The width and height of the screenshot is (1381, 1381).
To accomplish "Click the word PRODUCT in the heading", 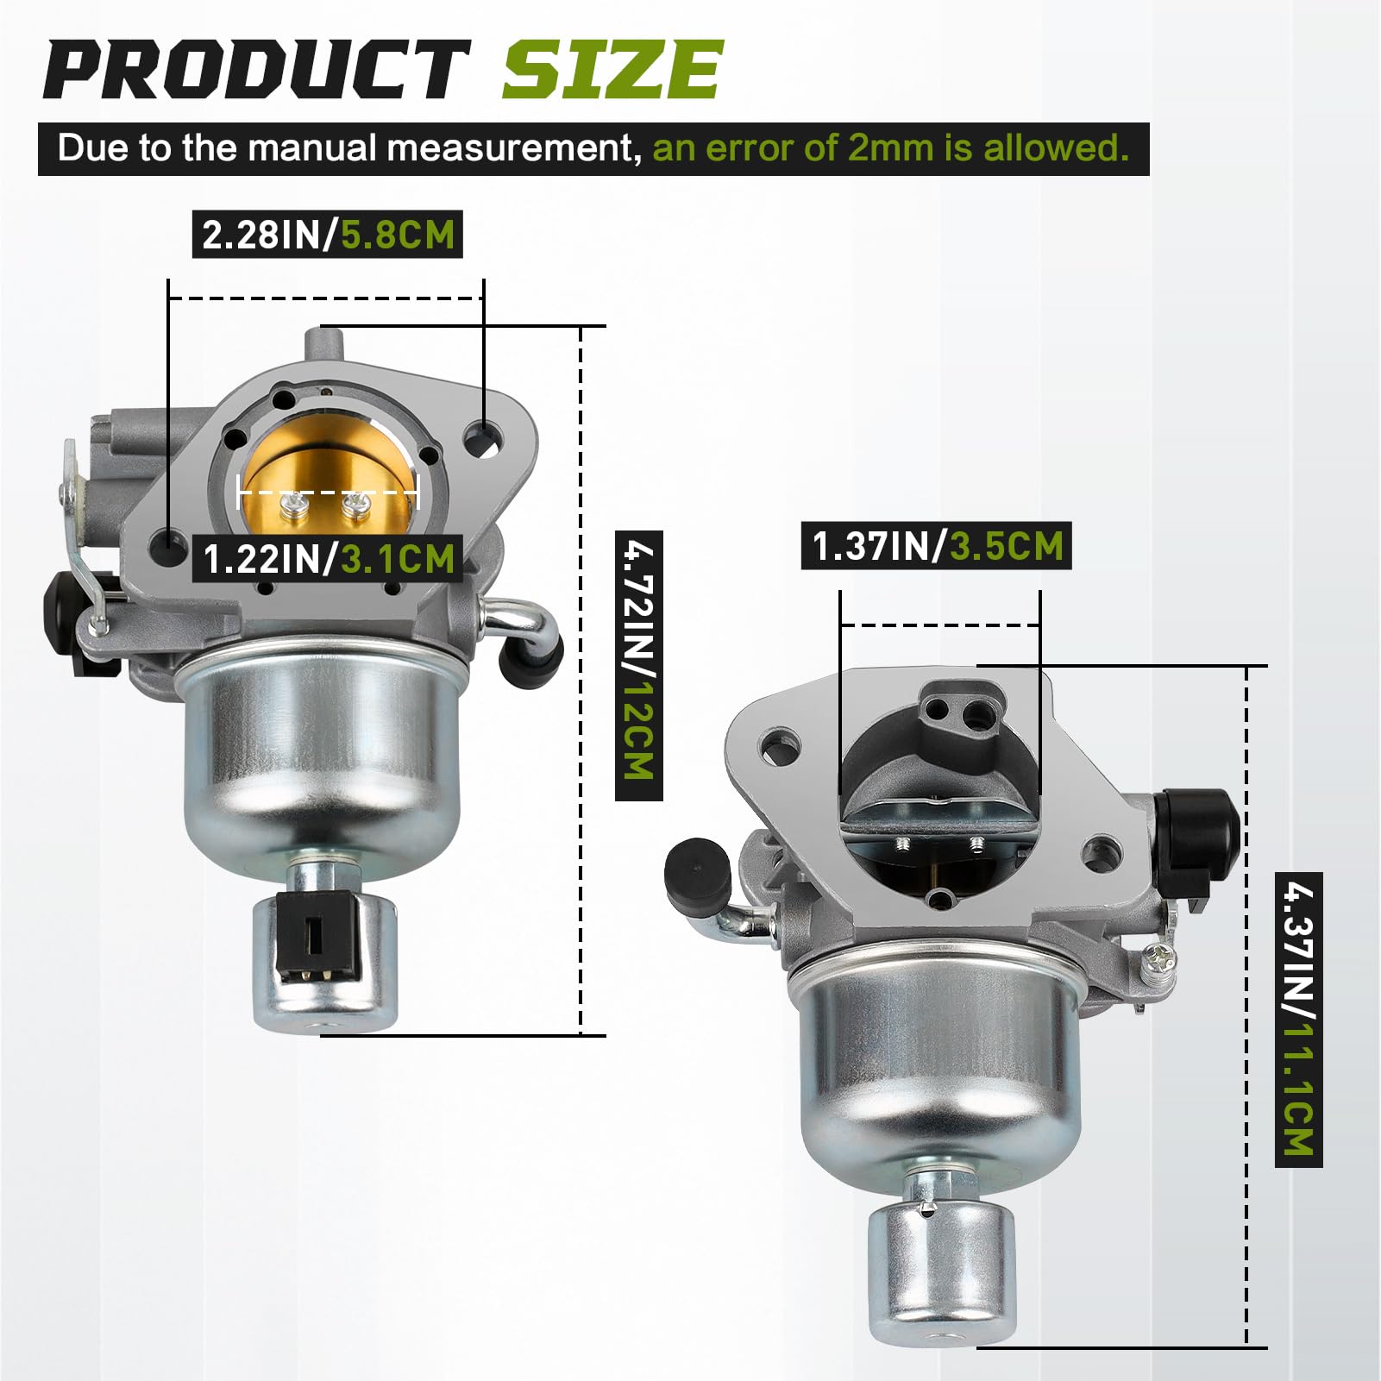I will click(x=255, y=71).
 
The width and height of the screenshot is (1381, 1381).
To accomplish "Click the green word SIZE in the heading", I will click(x=611, y=71).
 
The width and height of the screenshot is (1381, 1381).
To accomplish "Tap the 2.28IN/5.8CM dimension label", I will click(x=328, y=235).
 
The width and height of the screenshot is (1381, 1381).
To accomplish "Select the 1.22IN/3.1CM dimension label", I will click(x=328, y=559).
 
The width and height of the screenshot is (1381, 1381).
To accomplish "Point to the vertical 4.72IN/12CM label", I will click(x=639, y=665).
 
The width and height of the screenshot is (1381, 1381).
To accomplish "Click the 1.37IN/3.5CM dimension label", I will click(x=937, y=546).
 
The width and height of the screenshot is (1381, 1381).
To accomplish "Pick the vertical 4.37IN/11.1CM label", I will click(x=1298, y=1019).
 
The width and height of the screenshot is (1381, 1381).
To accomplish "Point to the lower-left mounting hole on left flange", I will click(x=167, y=543).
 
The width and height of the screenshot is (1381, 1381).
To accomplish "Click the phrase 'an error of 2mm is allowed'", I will click(x=890, y=148).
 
